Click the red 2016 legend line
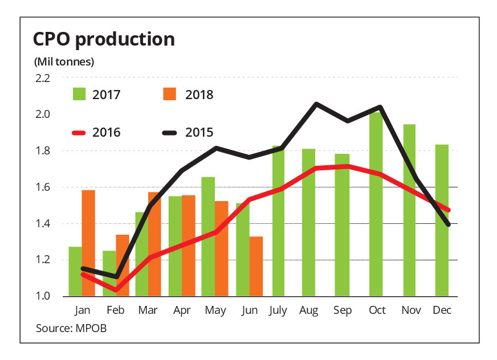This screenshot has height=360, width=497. coord(82,133)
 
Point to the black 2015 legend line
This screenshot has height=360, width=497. coord(171,133)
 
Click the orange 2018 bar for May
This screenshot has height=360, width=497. coord(222,248)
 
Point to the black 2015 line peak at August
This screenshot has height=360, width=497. coord(316,104)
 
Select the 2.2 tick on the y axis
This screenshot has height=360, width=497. coord(43,78)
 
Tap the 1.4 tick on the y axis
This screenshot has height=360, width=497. coord(43,224)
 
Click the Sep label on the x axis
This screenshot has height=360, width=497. coord(342,310)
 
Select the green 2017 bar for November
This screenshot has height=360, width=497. coord(409,210)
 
